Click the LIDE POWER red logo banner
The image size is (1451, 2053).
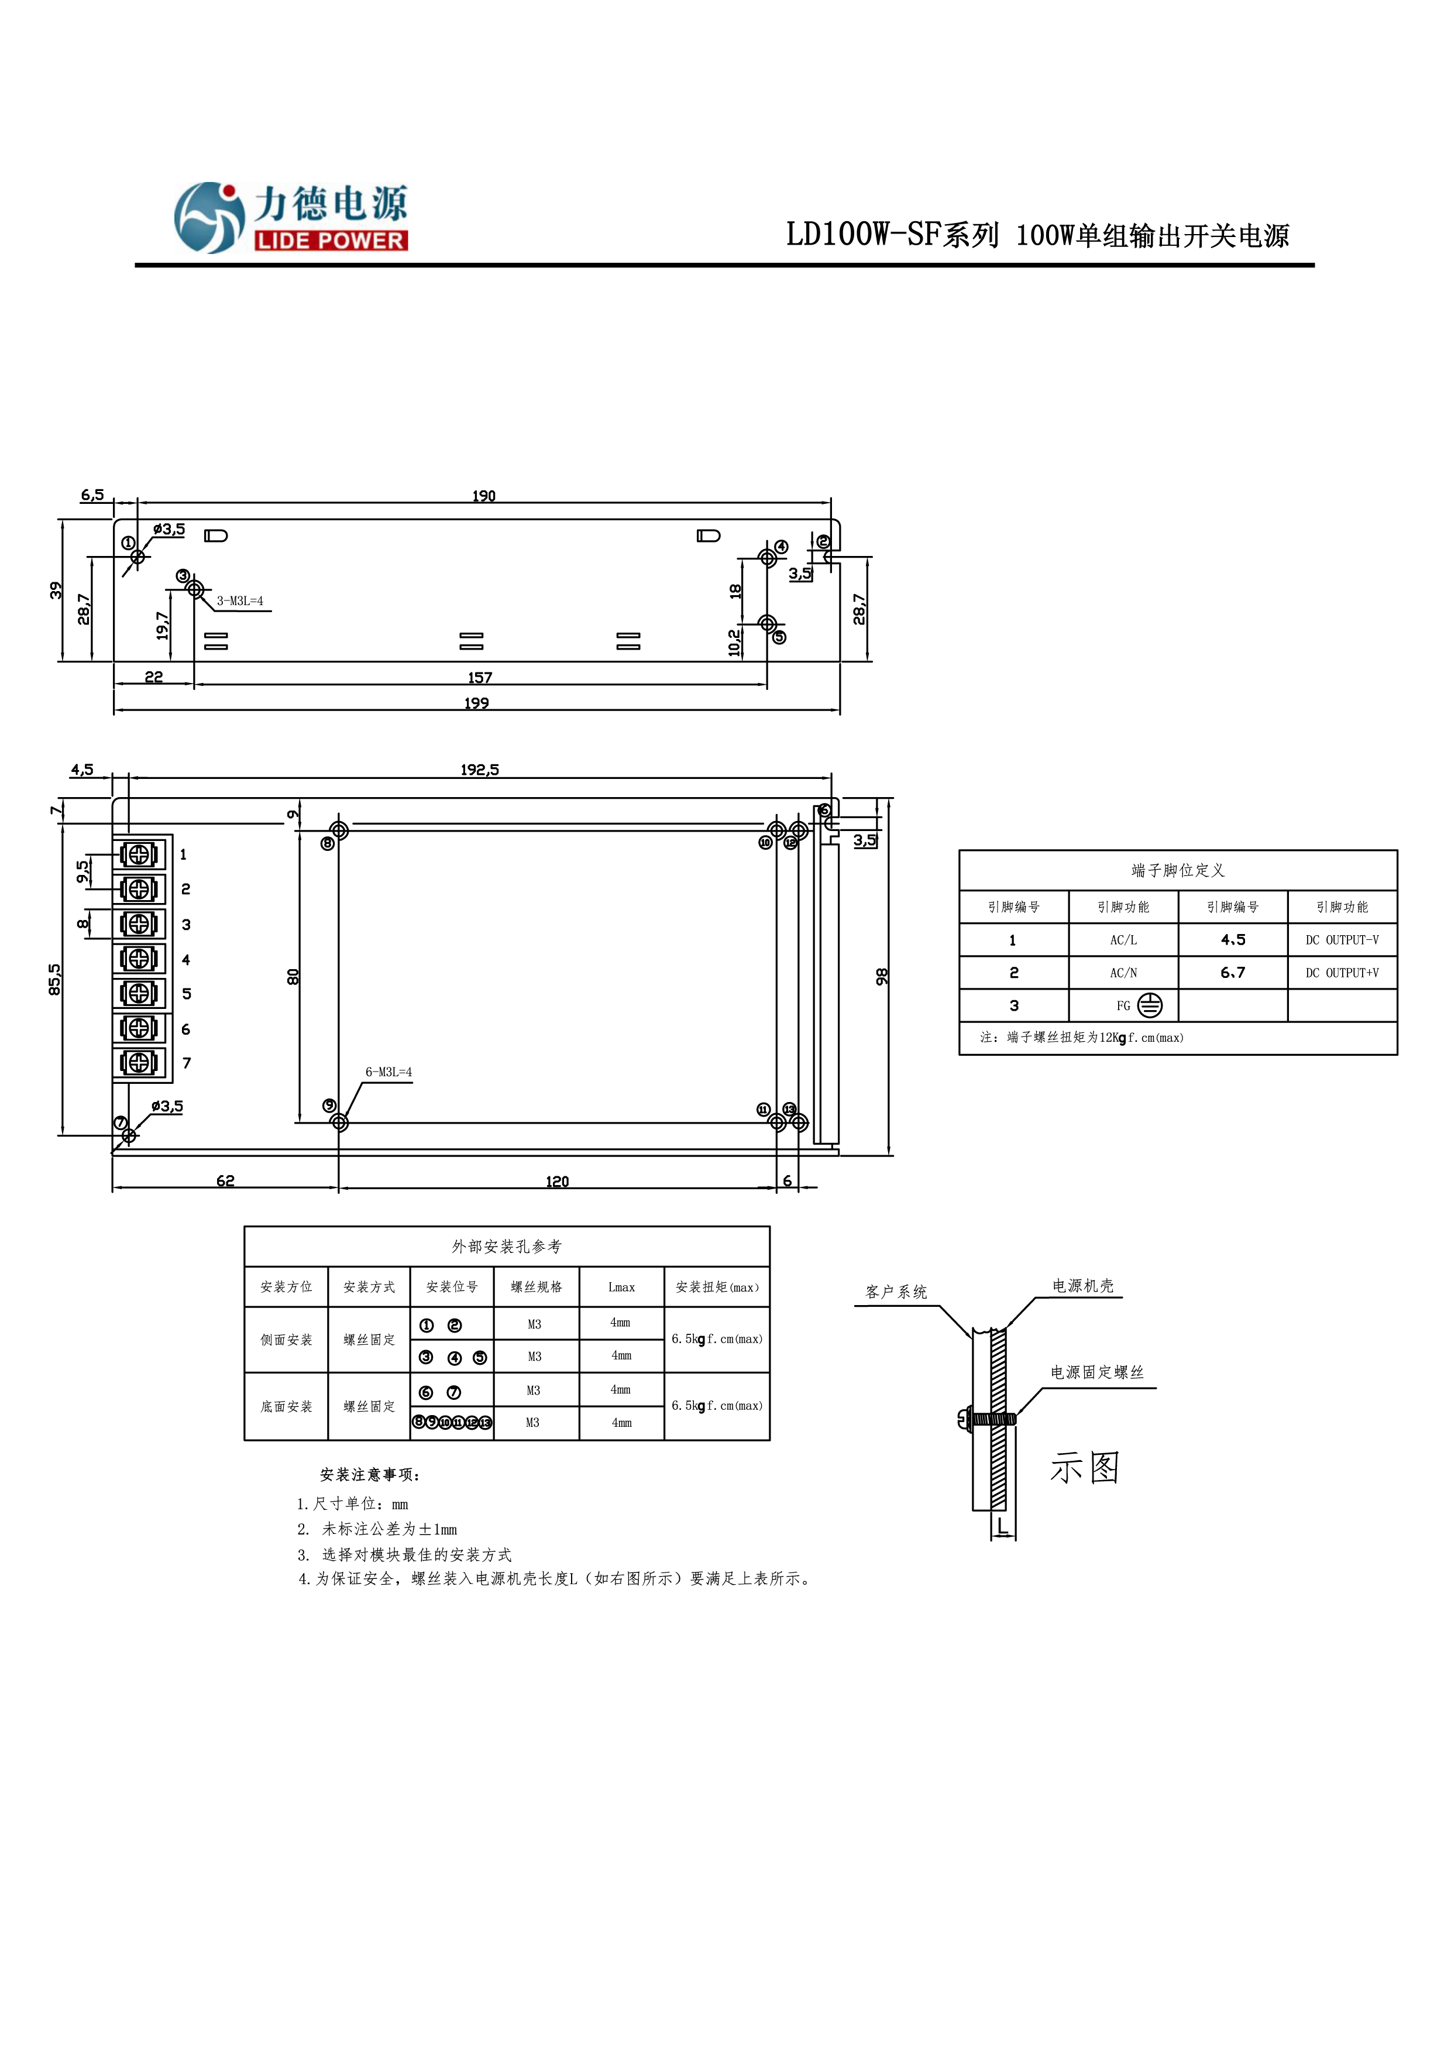pyautogui.click(x=331, y=241)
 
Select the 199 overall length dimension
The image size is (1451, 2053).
pyautogui.click(x=476, y=703)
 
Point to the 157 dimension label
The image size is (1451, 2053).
pyautogui.click(x=480, y=677)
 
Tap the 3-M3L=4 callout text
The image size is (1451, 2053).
pyautogui.click(x=240, y=601)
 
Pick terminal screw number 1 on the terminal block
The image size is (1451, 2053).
pyautogui.click(x=139, y=855)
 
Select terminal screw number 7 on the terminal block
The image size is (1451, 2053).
pyautogui.click(x=139, y=1062)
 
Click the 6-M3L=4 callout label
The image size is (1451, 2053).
pyautogui.click(x=388, y=1071)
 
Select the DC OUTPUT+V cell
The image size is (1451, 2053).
pyautogui.click(x=1342, y=973)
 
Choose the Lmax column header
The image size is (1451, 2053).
pyautogui.click(x=621, y=1288)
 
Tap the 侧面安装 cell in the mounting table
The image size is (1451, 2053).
pyautogui.click(x=286, y=1340)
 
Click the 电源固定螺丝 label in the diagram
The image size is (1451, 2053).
pyautogui.click(x=1097, y=1372)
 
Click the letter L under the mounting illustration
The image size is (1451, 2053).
pyautogui.click(x=1002, y=1526)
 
